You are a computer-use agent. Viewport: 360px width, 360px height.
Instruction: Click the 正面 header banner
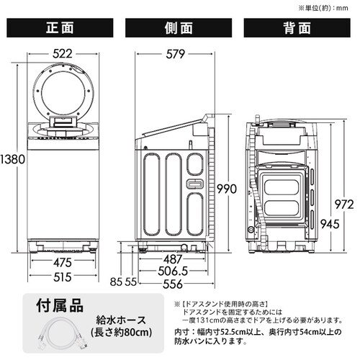(60, 28)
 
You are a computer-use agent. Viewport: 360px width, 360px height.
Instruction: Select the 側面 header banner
(179, 28)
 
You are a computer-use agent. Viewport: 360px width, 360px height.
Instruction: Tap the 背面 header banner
(297, 28)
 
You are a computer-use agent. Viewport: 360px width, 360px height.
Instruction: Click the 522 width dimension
(63, 53)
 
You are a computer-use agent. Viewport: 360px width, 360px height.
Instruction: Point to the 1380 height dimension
(12, 159)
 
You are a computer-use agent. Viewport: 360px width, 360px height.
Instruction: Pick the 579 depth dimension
(176, 54)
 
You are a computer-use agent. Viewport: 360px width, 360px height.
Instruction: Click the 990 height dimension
(227, 189)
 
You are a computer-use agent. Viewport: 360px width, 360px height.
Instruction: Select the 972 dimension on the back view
(344, 204)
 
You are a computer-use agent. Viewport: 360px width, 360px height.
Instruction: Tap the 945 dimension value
(330, 224)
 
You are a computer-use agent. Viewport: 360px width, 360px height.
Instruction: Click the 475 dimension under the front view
(63, 262)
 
